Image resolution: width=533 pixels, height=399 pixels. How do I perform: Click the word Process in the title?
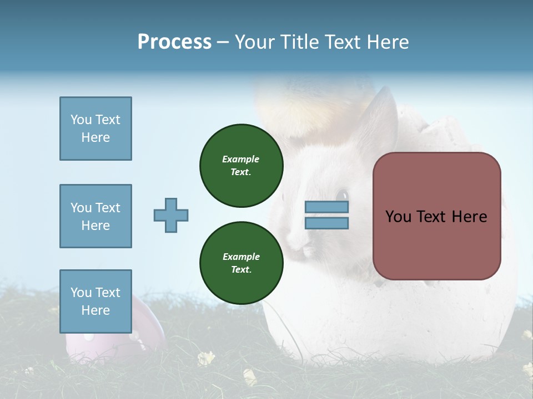[174, 42]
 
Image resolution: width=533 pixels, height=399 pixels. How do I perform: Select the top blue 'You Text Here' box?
[95, 129]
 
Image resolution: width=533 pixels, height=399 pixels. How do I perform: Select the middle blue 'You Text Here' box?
[95, 216]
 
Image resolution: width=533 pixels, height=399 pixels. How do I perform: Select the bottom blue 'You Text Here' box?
[95, 301]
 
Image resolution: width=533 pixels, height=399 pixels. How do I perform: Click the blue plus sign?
[171, 215]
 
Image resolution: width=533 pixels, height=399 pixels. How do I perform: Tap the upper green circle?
[242, 166]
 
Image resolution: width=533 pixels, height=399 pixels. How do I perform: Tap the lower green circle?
[242, 263]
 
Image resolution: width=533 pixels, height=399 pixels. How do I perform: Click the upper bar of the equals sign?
[326, 207]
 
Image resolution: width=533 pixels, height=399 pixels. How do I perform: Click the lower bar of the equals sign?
[326, 223]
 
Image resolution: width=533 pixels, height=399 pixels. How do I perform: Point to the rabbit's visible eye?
[342, 195]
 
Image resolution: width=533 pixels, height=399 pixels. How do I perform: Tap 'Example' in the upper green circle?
[241, 159]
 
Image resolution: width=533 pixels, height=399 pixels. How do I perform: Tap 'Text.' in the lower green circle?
[241, 270]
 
